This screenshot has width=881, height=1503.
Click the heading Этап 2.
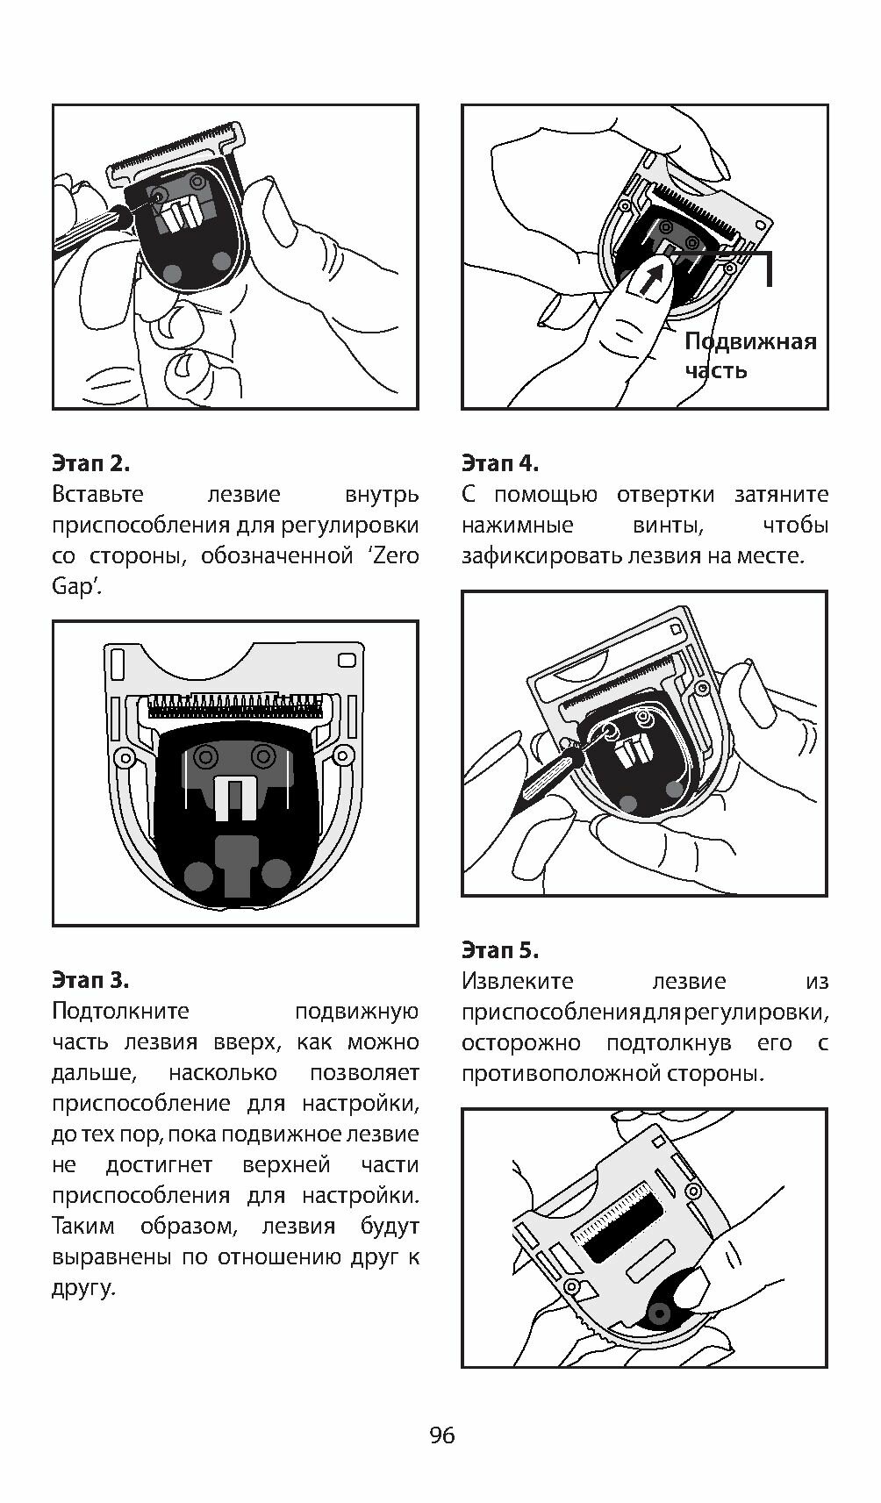click(91, 463)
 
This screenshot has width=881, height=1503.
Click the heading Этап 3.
click(91, 979)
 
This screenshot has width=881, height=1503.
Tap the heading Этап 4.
click(500, 463)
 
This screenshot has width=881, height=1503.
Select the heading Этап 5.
click(500, 949)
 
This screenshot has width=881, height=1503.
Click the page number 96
click(442, 1435)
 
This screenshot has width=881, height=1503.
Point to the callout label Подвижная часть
click(749, 355)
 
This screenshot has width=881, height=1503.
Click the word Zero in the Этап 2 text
click(396, 555)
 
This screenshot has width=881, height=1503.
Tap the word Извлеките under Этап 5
click(517, 981)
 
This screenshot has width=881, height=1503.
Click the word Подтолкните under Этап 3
click(120, 1011)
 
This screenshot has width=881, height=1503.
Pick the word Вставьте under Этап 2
click(97, 495)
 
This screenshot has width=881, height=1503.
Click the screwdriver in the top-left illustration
click(88, 226)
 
